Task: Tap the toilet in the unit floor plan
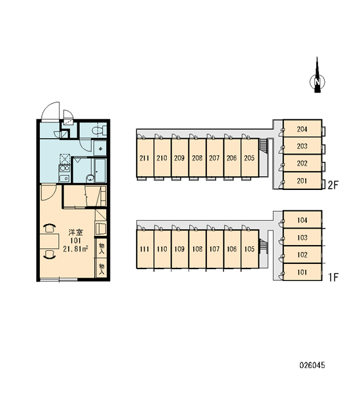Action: point(98,130)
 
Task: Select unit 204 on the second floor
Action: point(302,129)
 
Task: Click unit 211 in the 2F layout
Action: point(145,158)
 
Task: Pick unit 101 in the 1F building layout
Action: point(302,272)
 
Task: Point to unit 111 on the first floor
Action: point(145,249)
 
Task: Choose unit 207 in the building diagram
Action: point(215,158)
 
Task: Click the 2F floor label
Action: point(333,185)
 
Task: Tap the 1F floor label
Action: point(333,278)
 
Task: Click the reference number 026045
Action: point(312,365)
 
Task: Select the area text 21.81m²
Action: point(75,249)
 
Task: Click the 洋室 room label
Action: point(76,233)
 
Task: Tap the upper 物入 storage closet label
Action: point(101,248)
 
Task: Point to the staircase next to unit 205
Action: point(264,145)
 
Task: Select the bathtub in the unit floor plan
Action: point(100,170)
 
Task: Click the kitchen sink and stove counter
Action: point(64,174)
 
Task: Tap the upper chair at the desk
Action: point(49,228)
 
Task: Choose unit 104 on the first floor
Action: point(302,220)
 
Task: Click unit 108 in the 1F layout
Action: point(198,249)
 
